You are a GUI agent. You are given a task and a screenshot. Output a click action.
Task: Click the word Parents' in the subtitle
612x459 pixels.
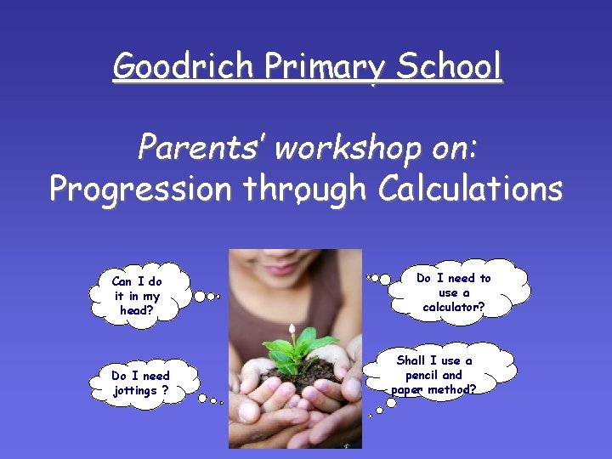click(x=200, y=149)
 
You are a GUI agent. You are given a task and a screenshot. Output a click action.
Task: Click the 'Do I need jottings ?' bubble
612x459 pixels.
click(x=140, y=383)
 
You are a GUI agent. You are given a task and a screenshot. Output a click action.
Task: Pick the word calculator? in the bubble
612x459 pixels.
click(x=454, y=306)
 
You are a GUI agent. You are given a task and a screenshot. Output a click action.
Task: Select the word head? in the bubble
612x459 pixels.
click(x=137, y=310)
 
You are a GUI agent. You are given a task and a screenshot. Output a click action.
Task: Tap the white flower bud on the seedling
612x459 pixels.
click(x=292, y=327)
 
